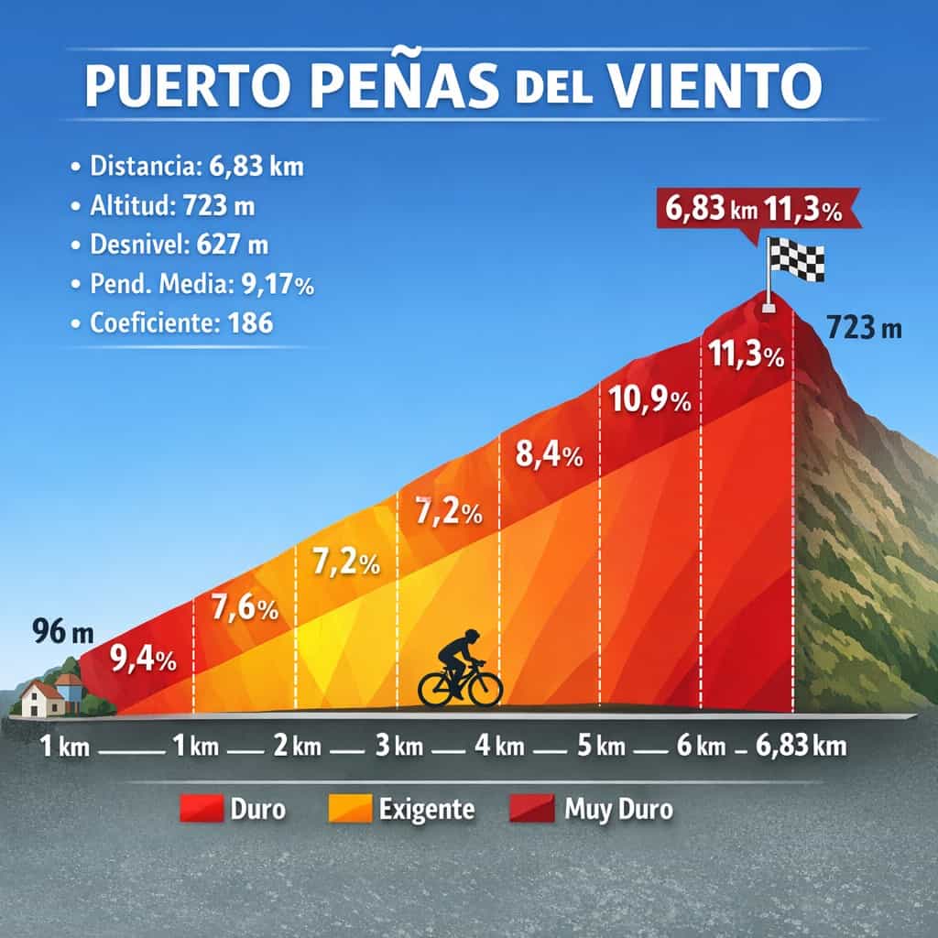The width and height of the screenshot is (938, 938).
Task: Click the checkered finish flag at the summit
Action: click(796, 258)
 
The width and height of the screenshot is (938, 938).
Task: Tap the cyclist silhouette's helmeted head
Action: click(471, 638)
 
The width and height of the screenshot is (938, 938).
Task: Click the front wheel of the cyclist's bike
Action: click(485, 688)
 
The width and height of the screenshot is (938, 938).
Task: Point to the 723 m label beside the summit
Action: click(863, 327)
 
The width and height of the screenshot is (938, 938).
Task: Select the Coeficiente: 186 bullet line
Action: click(181, 323)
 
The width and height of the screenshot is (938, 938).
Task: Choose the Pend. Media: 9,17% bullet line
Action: click(202, 285)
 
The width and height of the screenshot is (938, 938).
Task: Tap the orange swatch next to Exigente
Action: click(349, 809)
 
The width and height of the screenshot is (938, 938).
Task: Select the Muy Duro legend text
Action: click(618, 810)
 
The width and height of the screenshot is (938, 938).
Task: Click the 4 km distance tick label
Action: click(499, 747)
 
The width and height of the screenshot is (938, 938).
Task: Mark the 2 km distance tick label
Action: click(297, 747)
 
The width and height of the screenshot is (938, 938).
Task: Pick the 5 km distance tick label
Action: click(600, 747)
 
